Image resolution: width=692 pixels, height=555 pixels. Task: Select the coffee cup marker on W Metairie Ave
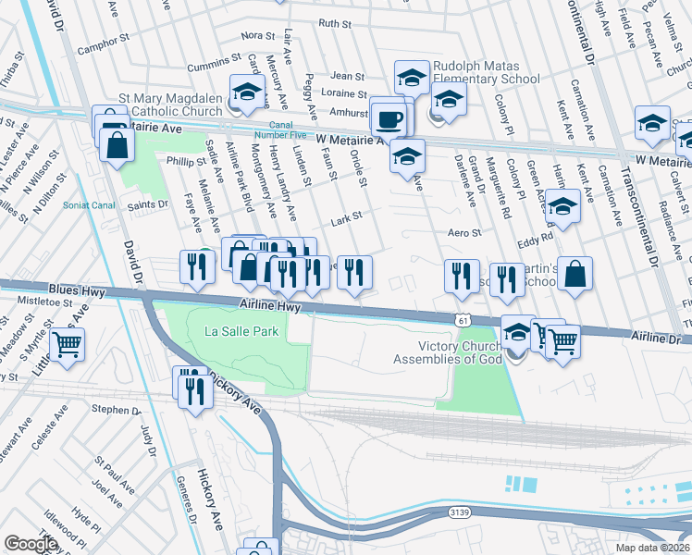click(x=388, y=119)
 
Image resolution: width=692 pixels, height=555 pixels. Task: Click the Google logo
click(x=31, y=544)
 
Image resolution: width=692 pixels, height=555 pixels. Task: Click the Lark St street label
click(x=346, y=221)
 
